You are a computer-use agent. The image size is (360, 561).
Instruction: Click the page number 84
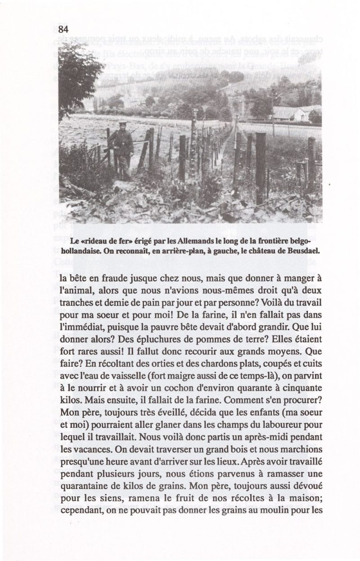pyautogui.click(x=63, y=30)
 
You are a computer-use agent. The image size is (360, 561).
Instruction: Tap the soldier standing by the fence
pyautogui.click(x=121, y=147)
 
